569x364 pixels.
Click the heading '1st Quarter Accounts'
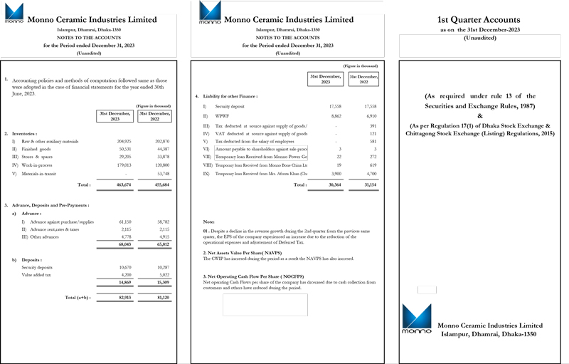click(479, 20)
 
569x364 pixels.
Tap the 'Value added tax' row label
click(37, 274)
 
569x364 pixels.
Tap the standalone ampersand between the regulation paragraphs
click(479, 116)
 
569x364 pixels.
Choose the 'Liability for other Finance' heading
click(230, 95)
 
